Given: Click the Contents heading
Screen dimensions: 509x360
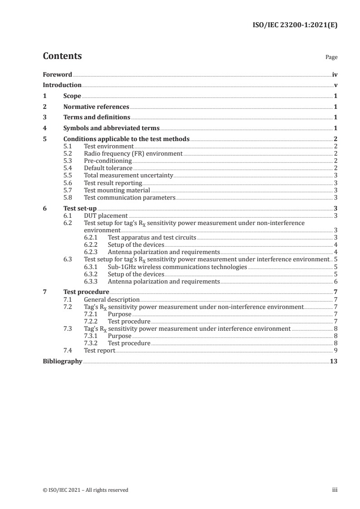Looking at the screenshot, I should point(62,56).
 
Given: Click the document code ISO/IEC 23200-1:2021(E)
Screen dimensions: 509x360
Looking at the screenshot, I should point(294,25).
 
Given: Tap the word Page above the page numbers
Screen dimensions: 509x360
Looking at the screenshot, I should point(331,58).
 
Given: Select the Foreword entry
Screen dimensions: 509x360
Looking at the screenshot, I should point(57,74).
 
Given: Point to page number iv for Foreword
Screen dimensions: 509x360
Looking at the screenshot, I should point(335,74).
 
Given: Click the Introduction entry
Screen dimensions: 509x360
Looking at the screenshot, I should point(62,85).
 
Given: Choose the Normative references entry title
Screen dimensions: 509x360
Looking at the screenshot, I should point(96,107).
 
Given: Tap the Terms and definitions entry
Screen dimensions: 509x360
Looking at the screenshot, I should point(97,117).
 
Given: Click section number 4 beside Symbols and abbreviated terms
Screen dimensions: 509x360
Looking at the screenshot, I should point(44,128).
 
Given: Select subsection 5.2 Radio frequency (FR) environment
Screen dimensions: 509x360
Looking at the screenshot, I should point(133,154).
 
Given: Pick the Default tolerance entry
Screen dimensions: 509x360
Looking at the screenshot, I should point(108,168).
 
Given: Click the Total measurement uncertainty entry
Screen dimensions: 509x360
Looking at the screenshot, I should point(128,176).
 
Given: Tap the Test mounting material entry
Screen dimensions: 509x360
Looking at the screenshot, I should point(117,190).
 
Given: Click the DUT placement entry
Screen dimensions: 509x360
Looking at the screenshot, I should point(106,216).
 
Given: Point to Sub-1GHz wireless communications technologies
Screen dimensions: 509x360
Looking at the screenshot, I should point(177,267).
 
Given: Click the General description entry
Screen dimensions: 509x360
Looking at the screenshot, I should point(112,300).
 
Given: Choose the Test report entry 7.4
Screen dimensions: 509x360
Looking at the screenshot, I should point(99,351).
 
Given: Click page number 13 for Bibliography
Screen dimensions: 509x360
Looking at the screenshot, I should point(334,362).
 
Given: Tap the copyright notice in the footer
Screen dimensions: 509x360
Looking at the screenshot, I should point(85,490).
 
